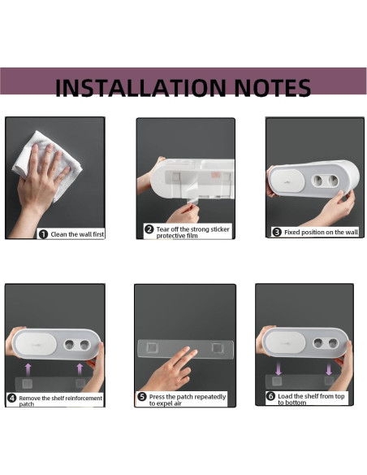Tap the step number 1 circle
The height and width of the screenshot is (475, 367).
click(x=42, y=234)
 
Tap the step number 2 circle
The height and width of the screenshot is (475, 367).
click(x=149, y=230)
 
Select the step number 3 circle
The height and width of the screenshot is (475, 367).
click(x=276, y=232)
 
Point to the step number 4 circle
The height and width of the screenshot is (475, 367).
click(x=12, y=399)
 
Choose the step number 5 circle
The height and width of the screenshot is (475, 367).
click(x=142, y=397)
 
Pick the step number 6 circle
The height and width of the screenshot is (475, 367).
click(x=270, y=396)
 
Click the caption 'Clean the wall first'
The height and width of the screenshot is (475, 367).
click(x=77, y=234)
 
